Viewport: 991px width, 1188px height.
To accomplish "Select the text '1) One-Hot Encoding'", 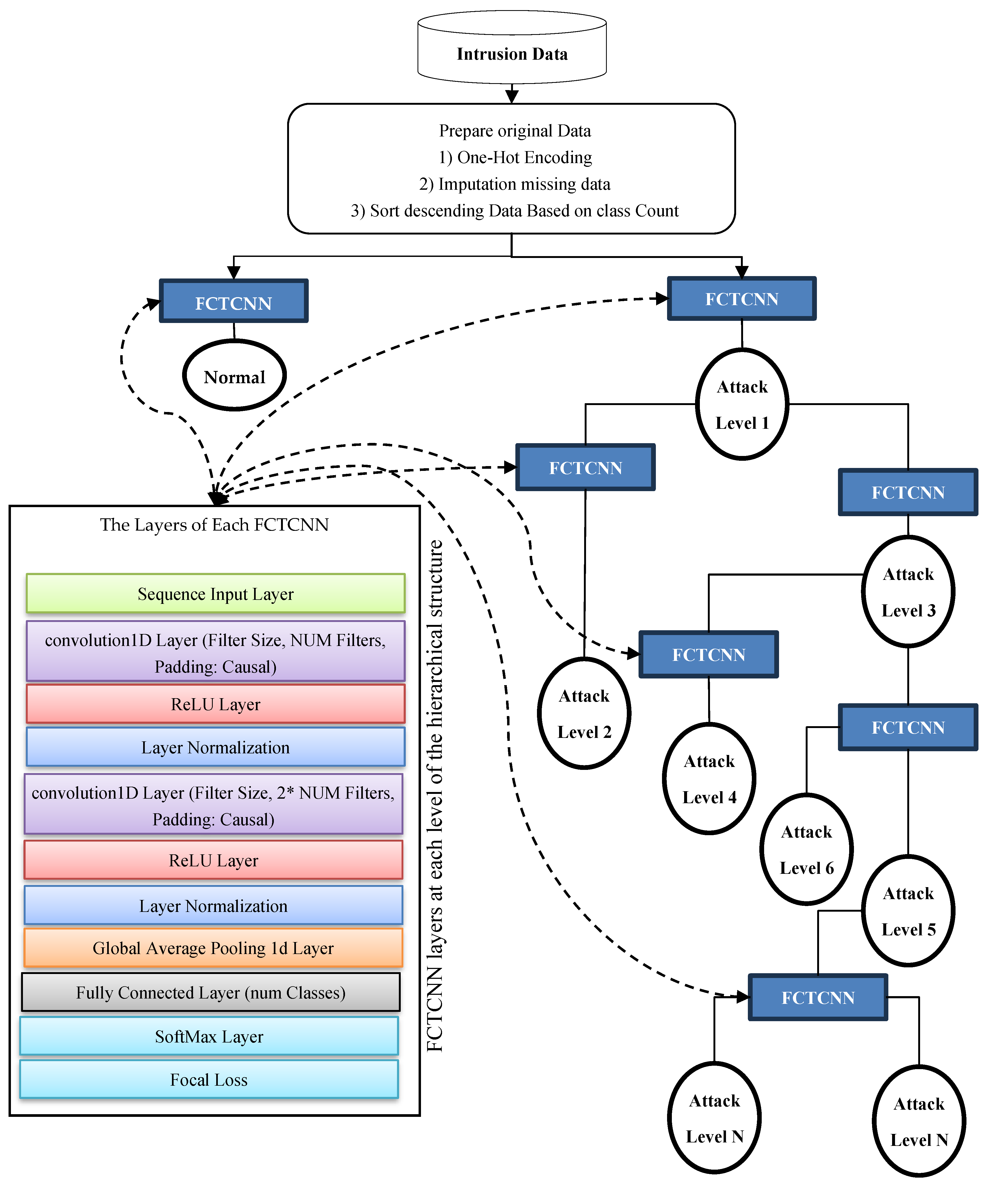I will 515,157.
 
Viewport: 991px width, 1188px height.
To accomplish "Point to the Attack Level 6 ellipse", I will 807,849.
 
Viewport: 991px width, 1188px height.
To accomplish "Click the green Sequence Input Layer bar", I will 216,593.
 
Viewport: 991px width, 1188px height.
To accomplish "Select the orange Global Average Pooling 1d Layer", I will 213,948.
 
